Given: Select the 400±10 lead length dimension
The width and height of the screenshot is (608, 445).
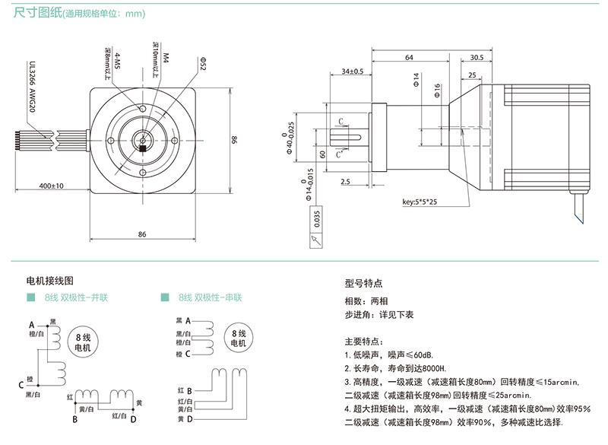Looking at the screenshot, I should point(52,186).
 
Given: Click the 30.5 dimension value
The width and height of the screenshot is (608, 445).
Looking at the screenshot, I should point(477,58).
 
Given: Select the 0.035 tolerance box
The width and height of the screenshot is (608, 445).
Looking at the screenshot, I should point(316,219).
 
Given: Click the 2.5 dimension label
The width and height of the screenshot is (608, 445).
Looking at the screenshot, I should point(345,181).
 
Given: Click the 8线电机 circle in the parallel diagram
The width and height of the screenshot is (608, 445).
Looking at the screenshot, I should point(81,342).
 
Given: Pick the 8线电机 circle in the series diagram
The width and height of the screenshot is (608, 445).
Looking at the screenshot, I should point(237,338).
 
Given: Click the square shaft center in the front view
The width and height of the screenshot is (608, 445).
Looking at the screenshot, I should point(142,140).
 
